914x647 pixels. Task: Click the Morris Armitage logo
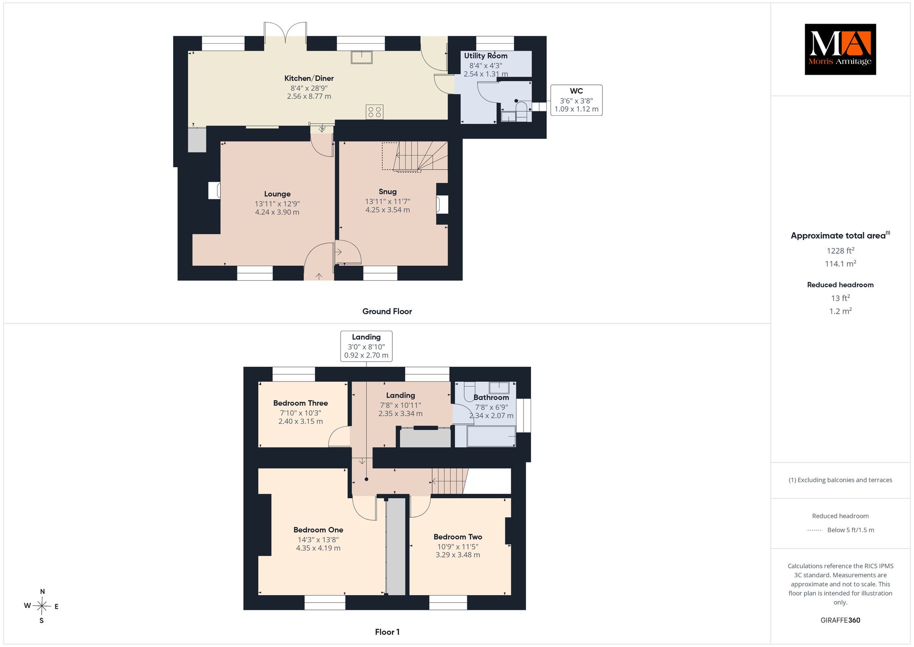coord(840,49)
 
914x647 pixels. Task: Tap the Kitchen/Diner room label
coord(309,78)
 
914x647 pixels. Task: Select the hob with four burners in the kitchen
coord(374,112)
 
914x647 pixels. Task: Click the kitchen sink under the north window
coord(361,57)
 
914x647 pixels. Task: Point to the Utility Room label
coord(486,56)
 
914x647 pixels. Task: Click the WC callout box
coord(576,100)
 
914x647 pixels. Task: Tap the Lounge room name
coord(277,194)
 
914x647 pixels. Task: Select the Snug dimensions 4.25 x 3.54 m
coord(387,210)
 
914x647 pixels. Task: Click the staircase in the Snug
coord(415,156)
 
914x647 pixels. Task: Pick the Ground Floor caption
coord(387,311)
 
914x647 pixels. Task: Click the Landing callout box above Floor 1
coord(366,346)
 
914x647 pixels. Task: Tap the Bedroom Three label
coord(300,403)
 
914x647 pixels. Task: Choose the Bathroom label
coord(491,397)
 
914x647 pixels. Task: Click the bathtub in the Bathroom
coord(491,436)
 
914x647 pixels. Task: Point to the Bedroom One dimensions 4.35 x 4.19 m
coord(318,548)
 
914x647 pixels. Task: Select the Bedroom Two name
coord(458,537)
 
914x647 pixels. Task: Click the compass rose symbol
coord(42,606)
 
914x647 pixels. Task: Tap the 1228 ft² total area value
coord(840,251)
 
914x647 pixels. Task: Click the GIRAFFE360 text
coord(840,620)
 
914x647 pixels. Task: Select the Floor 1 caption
coord(387,632)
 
